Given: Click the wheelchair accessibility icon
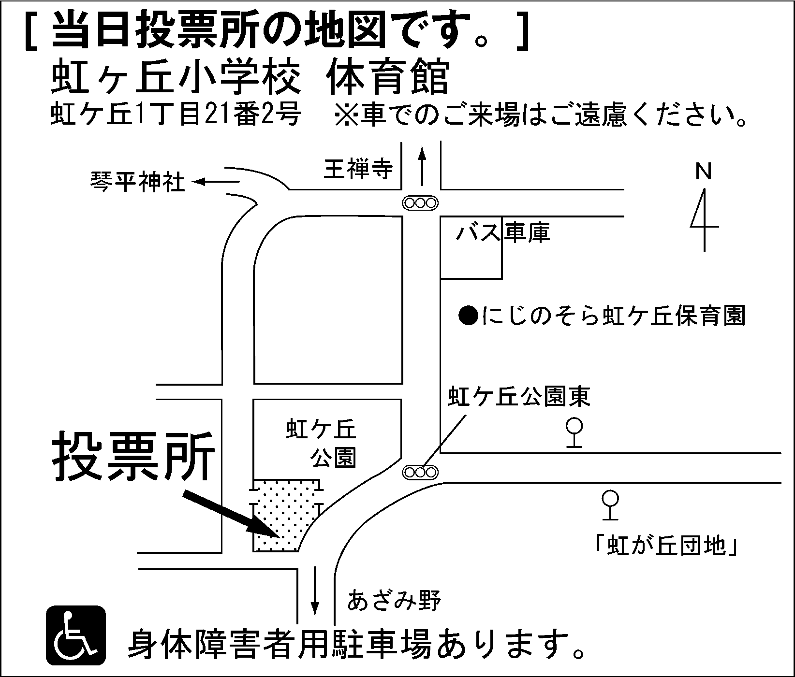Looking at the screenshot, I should click(75, 635).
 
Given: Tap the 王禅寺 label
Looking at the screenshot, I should click(358, 170).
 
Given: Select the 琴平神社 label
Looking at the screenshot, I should click(138, 183).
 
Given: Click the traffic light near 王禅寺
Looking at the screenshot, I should click(420, 203).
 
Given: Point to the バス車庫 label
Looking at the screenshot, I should click(503, 233).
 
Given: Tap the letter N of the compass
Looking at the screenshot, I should click(704, 172).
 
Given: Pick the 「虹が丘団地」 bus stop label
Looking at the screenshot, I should click(667, 546).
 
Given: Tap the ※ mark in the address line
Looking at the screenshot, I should click(344, 116).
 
